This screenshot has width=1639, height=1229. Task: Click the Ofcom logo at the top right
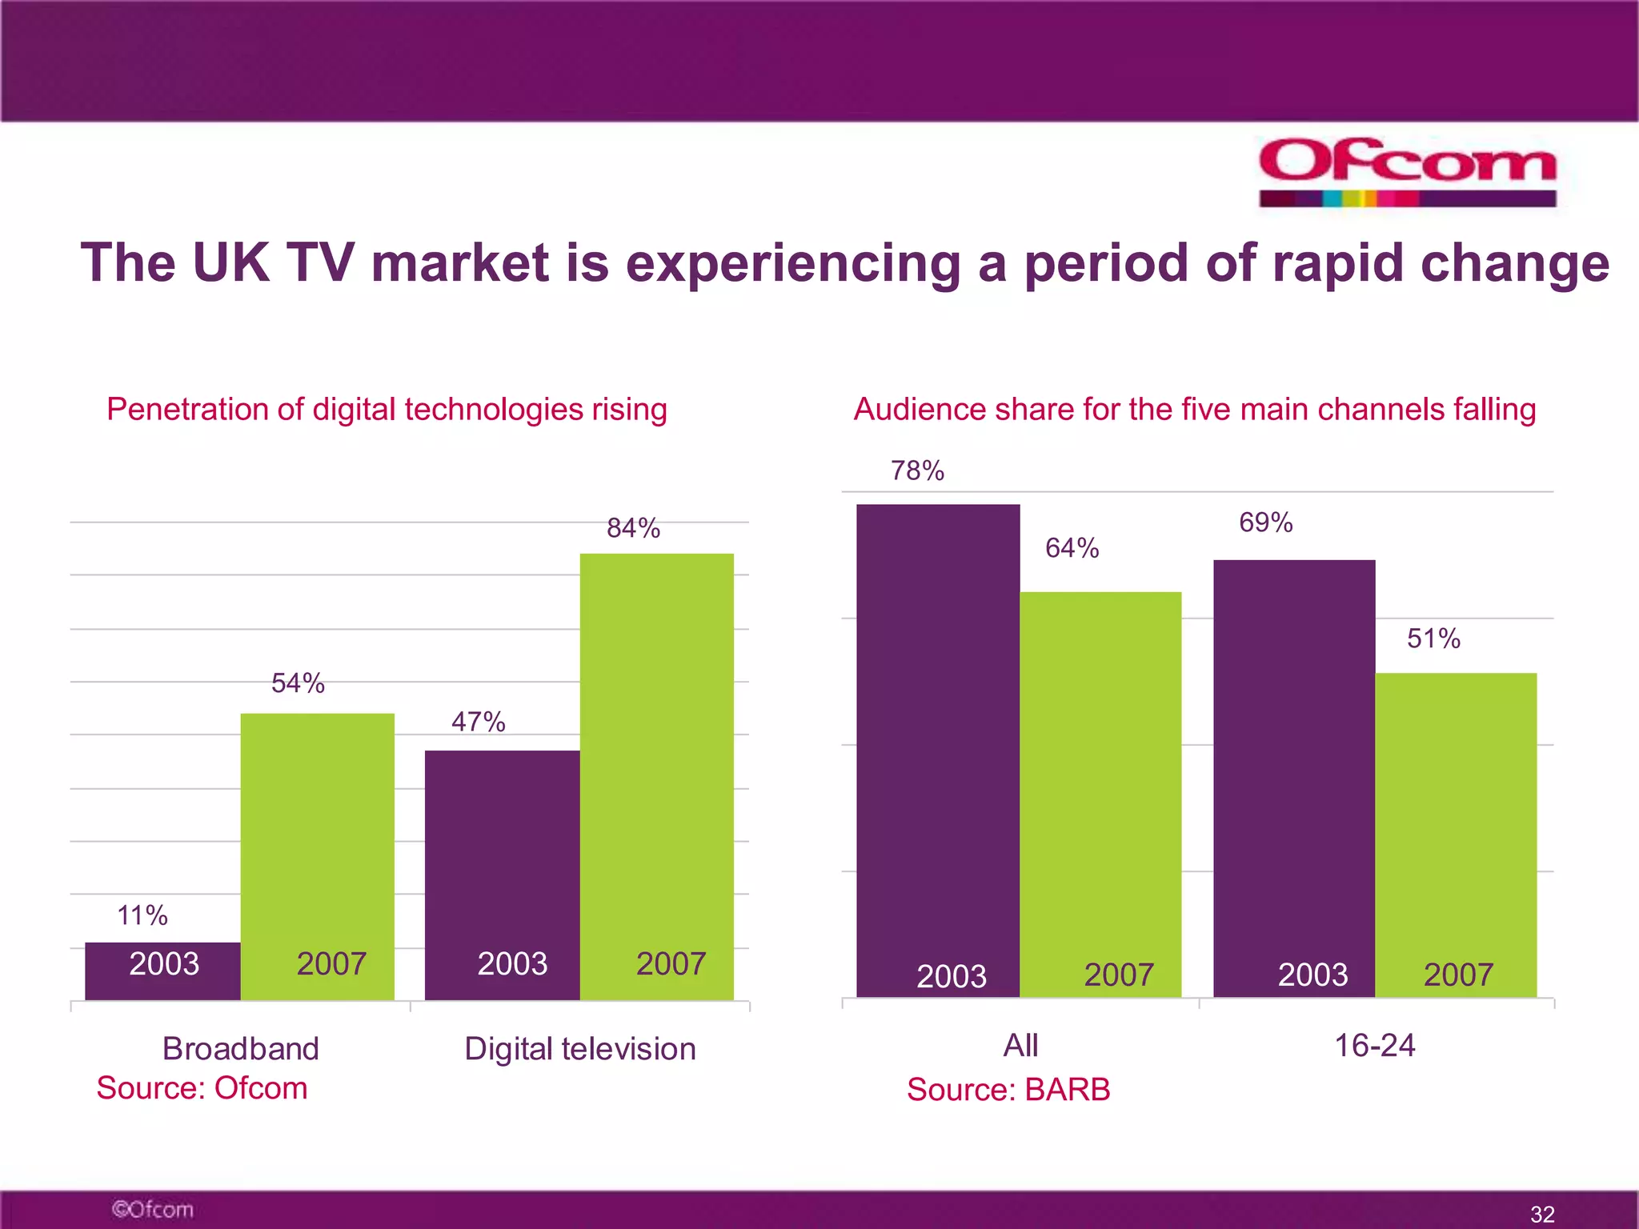[x=1407, y=171]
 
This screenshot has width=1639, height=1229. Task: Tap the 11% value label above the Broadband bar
[x=142, y=915]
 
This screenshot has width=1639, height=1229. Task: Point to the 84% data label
[x=633, y=528]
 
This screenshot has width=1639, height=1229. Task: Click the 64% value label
[x=1072, y=548]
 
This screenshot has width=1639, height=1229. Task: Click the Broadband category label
[x=240, y=1048]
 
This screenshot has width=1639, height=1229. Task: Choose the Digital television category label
[x=580, y=1048]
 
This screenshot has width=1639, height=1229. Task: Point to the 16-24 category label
[x=1374, y=1045]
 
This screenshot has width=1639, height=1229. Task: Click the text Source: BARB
[x=1008, y=1090]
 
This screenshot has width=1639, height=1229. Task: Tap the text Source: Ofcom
[x=202, y=1088]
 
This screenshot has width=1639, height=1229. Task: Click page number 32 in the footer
[x=1542, y=1214]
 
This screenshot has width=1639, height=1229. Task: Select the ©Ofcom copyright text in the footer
[x=152, y=1209]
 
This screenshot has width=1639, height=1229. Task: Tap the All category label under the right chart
[x=1020, y=1045]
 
